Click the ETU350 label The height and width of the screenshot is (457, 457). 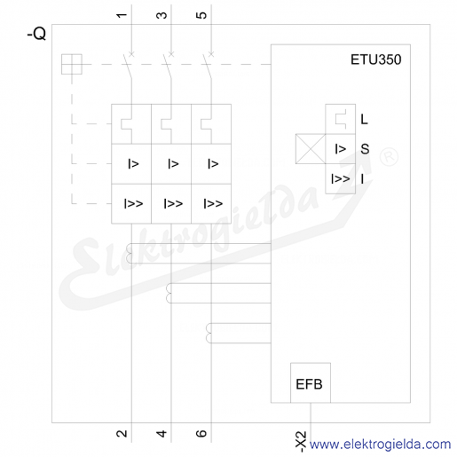tap(376, 59)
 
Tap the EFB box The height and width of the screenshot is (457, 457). tap(311, 382)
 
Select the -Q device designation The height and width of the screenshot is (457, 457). tap(36, 34)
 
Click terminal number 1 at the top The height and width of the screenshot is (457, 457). tap(122, 15)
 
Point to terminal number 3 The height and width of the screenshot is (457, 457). tap(162, 15)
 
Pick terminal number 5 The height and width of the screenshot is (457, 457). tap(201, 15)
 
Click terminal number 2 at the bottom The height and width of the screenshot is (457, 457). tap(122, 434)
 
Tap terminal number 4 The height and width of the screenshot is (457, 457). tap(162, 434)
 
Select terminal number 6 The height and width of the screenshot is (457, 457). tap(201, 434)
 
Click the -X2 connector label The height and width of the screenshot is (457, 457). tap(301, 442)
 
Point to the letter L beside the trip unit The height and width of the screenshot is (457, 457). tap(364, 119)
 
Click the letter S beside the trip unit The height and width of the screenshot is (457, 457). tap(365, 149)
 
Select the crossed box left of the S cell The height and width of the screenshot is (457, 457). tap(311, 149)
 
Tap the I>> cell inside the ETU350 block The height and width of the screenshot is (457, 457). tap(341, 178)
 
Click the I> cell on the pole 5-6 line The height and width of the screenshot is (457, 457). tap(211, 164)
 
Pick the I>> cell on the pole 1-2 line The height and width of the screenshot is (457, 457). tap(131, 204)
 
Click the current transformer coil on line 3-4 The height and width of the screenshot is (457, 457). tap(169, 293)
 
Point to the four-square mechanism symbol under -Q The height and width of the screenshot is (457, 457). tap(72, 64)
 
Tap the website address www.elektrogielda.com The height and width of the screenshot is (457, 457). tap(380, 445)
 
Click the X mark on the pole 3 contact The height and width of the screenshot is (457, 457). tap(171, 54)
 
